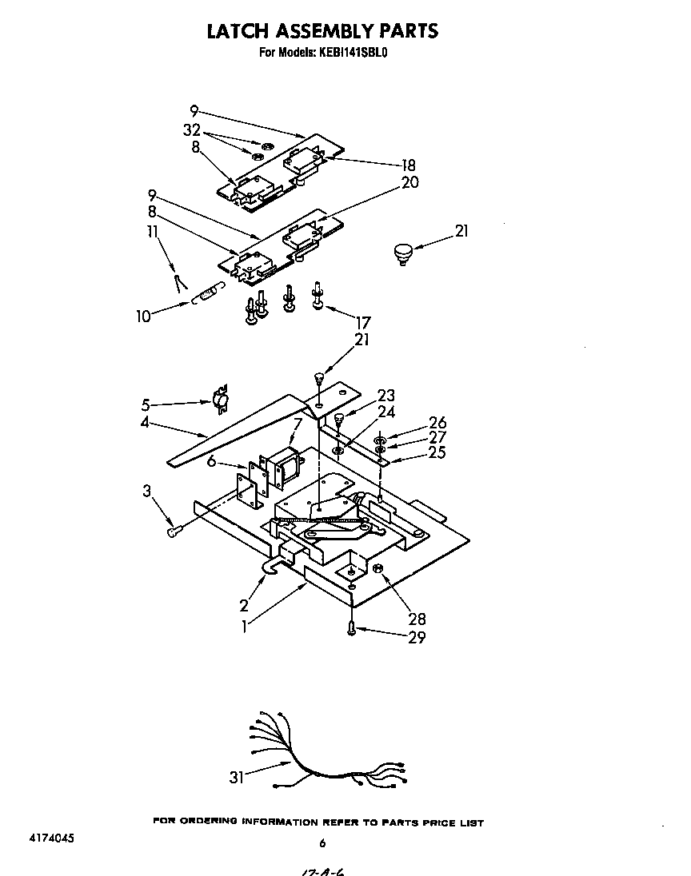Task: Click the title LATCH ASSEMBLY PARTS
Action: coord(322,31)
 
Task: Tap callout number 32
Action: coord(191,130)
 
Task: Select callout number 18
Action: coord(408,165)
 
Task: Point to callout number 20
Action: coord(409,183)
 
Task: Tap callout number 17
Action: coord(364,323)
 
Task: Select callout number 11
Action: coord(152,233)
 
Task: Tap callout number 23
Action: coord(386,396)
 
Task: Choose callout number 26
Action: coord(437,423)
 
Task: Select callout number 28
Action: coord(417,618)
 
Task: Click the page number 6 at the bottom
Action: coord(322,842)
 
